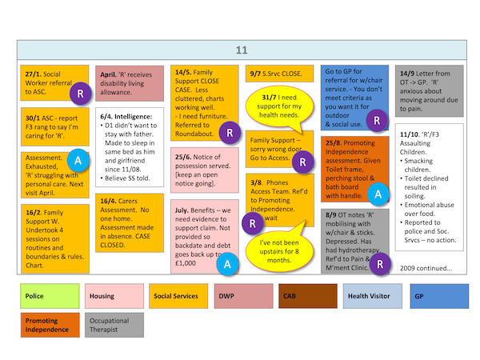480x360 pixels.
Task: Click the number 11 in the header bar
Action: point(241,50)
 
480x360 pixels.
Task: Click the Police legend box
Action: point(50,297)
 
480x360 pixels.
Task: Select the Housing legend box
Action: point(114,297)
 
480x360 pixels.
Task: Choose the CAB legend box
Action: point(306,297)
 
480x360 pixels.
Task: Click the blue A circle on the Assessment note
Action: point(77,160)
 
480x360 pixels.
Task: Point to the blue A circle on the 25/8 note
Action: point(378,192)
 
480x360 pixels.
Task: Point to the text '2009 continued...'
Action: point(426,267)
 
